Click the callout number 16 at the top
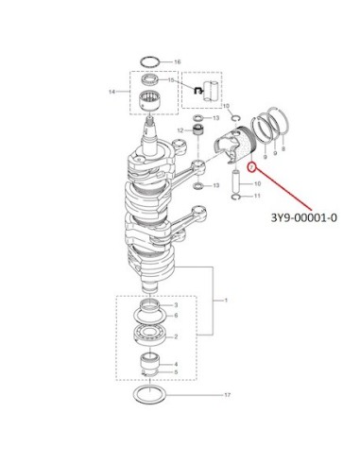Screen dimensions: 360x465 pyautogui.click(x=178, y=61)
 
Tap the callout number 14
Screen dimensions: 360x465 pyautogui.click(x=111, y=92)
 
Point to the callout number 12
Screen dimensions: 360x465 pyautogui.click(x=180, y=130)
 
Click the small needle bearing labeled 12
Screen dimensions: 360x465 pyautogui.click(x=197, y=129)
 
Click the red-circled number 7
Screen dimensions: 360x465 pyautogui.click(x=251, y=167)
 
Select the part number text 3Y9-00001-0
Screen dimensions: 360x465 pyautogui.click(x=303, y=217)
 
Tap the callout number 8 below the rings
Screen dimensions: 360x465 pyautogui.click(x=283, y=148)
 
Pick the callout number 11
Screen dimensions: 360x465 pyautogui.click(x=257, y=196)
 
